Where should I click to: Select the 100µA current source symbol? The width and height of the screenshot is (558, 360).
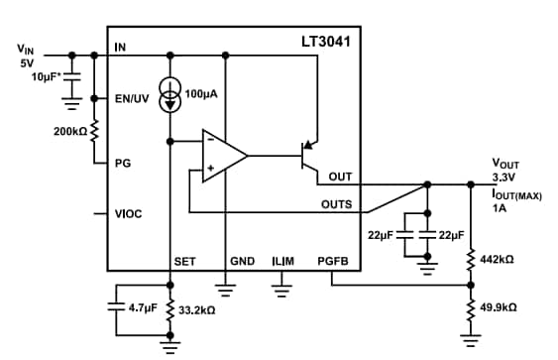pos(171,97)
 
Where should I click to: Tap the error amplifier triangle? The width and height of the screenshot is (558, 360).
pos(223,156)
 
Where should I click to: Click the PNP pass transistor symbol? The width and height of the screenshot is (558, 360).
pos(310,156)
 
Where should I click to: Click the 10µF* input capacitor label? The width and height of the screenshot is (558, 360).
pos(39,76)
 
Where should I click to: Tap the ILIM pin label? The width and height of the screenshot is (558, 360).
pos(282,262)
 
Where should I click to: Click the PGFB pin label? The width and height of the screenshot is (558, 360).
pos(333,262)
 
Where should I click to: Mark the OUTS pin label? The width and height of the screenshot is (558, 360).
pos(336,205)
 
